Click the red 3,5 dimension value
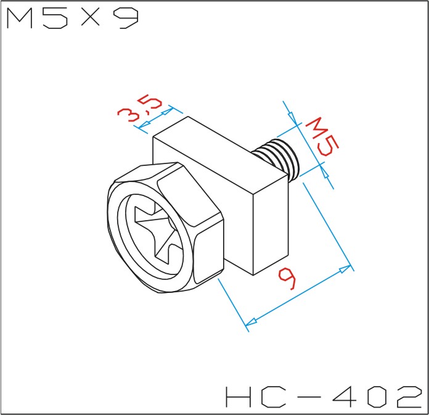pos(139,107)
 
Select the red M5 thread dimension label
pos(322,137)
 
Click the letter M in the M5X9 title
pos(20,18)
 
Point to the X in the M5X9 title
pos(91,17)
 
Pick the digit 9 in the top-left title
pos(126,18)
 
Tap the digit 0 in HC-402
pos(378,397)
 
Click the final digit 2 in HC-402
pos(409,397)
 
